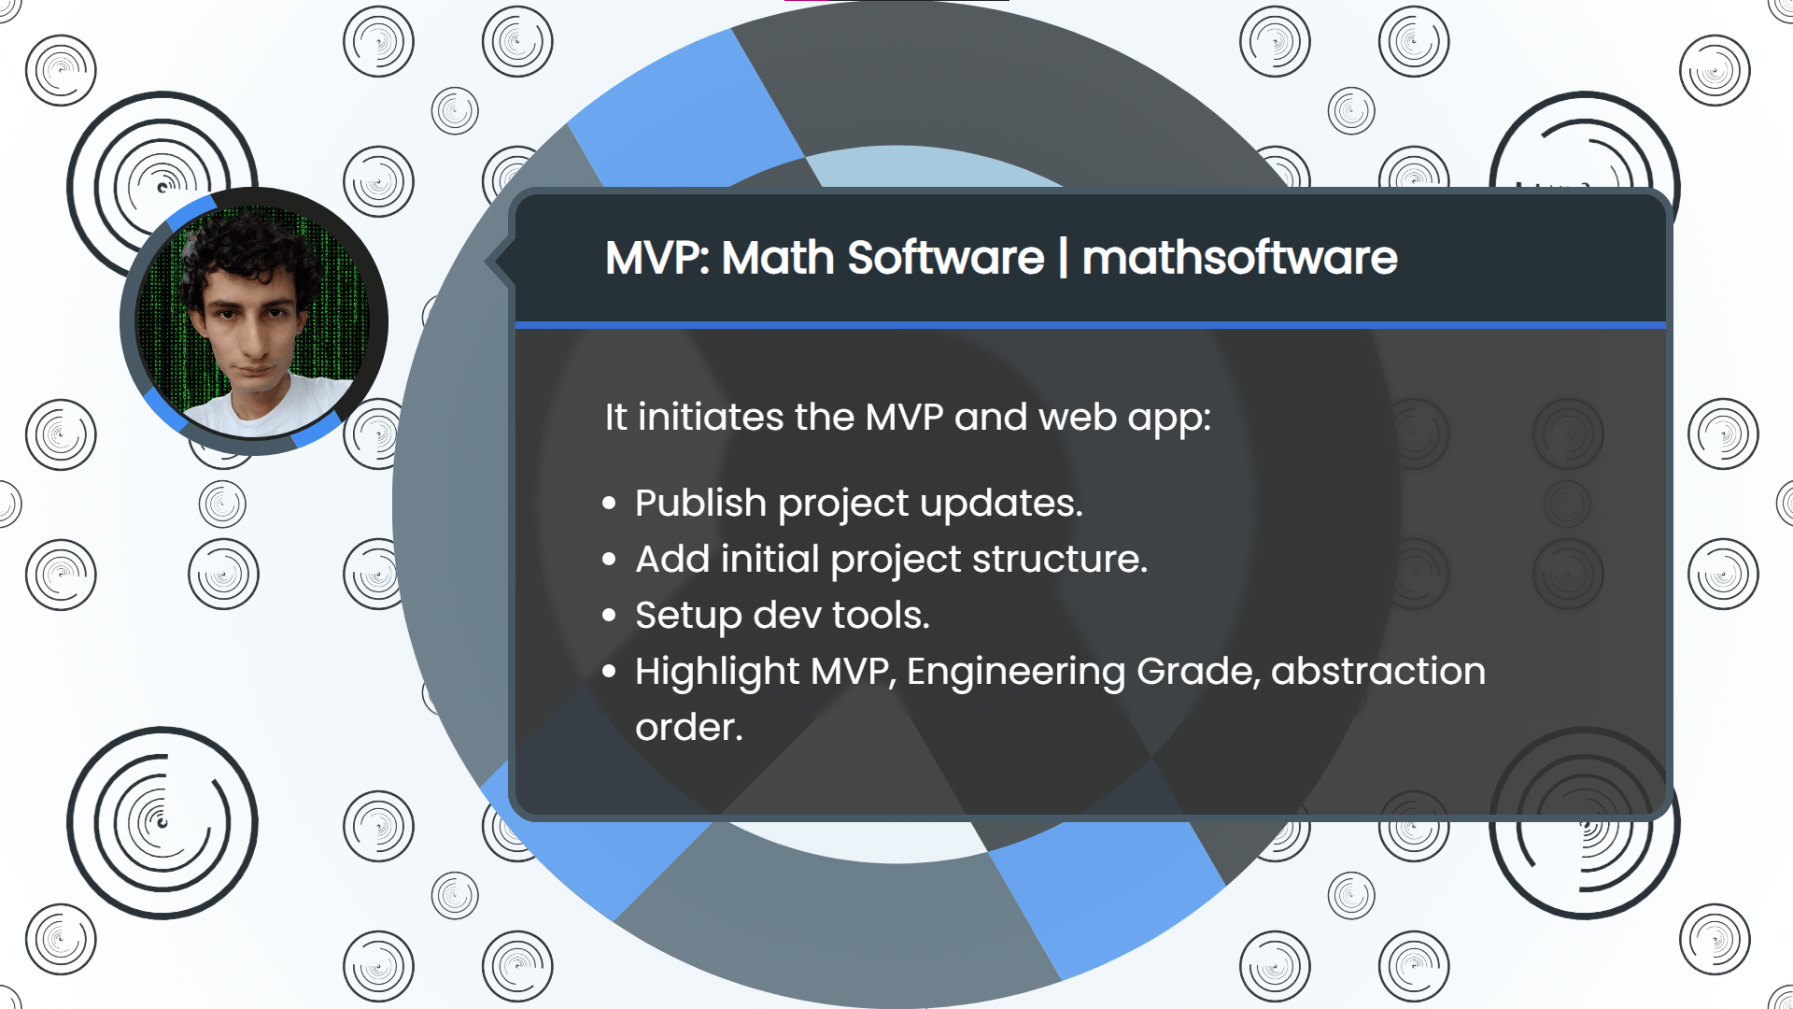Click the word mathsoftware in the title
click(x=1239, y=258)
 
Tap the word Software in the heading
click(x=945, y=258)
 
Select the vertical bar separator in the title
click(x=1063, y=258)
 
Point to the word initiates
click(x=711, y=417)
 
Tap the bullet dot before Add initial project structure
click(x=610, y=560)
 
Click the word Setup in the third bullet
click(x=688, y=616)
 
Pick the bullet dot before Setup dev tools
click(x=610, y=616)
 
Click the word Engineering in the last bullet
click(x=1016, y=672)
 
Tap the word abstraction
click(x=1378, y=671)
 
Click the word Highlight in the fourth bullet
click(x=717, y=672)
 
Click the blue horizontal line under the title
click(x=1091, y=325)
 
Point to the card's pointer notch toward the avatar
click(x=499, y=262)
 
